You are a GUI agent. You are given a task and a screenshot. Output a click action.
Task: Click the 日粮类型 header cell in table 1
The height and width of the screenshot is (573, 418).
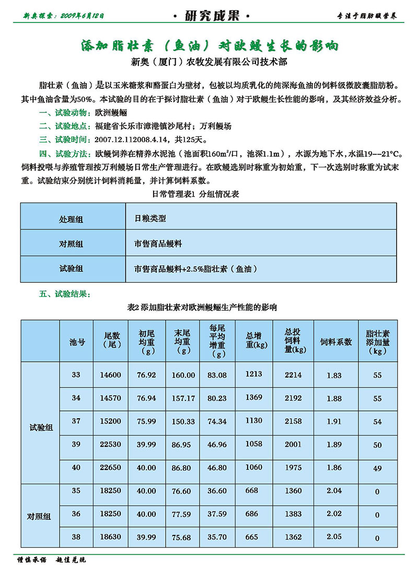150,219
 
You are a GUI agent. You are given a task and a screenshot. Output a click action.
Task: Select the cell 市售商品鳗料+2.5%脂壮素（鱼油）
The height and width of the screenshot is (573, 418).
195,269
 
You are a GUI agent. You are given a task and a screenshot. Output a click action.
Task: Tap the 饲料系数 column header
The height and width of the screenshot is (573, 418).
335,341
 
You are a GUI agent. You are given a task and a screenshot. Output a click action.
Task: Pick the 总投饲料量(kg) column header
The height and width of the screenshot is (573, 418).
293,340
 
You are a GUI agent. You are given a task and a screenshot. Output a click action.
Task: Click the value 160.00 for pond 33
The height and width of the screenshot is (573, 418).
183,375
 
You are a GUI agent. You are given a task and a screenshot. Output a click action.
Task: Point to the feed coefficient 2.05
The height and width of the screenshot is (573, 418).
334,537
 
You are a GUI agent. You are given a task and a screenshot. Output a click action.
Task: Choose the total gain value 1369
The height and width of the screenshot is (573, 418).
253,398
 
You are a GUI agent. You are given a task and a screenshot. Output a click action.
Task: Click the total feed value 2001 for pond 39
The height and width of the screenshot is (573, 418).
293,444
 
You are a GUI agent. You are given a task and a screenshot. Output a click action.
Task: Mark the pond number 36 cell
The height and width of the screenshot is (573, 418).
76,514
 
